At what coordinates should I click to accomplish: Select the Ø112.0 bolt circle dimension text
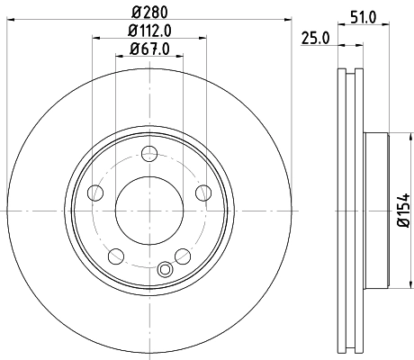[149, 32]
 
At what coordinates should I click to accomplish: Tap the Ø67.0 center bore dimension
[149, 49]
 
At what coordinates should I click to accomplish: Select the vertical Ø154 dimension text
[402, 217]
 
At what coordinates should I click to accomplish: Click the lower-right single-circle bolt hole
[183, 256]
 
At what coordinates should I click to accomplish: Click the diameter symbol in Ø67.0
[132, 49]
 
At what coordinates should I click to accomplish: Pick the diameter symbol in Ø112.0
[130, 32]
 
